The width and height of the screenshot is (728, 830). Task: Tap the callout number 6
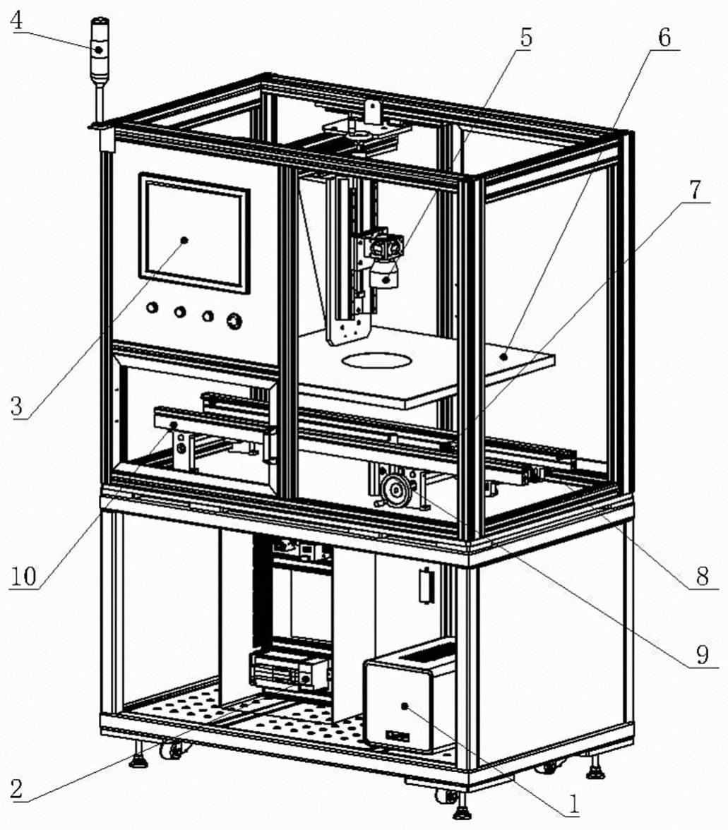click(664, 37)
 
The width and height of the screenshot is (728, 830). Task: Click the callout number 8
click(701, 577)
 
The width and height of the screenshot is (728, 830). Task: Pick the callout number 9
click(701, 656)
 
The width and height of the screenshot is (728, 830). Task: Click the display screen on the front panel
click(194, 232)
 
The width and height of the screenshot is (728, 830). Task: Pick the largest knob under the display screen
click(234, 322)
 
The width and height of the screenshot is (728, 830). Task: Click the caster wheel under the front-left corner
click(170, 751)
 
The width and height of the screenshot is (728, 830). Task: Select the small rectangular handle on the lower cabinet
click(425, 587)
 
